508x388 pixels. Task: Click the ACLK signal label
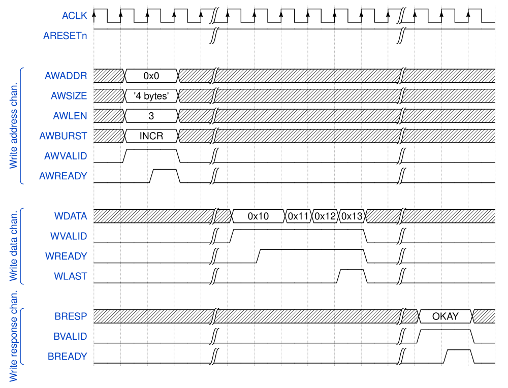click(x=74, y=16)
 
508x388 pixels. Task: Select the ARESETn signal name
click(x=65, y=36)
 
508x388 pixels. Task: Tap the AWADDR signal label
click(x=66, y=76)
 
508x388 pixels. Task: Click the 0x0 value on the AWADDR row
click(x=151, y=76)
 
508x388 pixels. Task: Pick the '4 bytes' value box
click(x=151, y=96)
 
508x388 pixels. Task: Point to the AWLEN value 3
click(x=151, y=116)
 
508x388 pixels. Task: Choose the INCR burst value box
click(x=151, y=136)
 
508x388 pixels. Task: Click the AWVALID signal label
click(x=65, y=156)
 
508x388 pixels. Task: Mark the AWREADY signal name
click(x=63, y=176)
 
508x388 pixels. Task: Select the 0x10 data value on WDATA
click(x=258, y=216)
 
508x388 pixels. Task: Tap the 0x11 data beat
click(x=298, y=216)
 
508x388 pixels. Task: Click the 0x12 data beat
click(x=325, y=216)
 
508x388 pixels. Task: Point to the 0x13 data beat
click(x=352, y=216)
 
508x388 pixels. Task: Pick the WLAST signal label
click(x=71, y=276)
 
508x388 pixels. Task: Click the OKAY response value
click(x=445, y=316)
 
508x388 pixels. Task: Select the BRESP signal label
click(x=71, y=316)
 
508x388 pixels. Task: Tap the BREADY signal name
click(x=67, y=357)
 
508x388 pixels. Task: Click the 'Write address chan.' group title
click(x=13, y=125)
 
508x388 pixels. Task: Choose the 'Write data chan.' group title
click(x=13, y=246)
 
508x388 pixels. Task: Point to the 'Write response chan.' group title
click(x=13, y=336)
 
